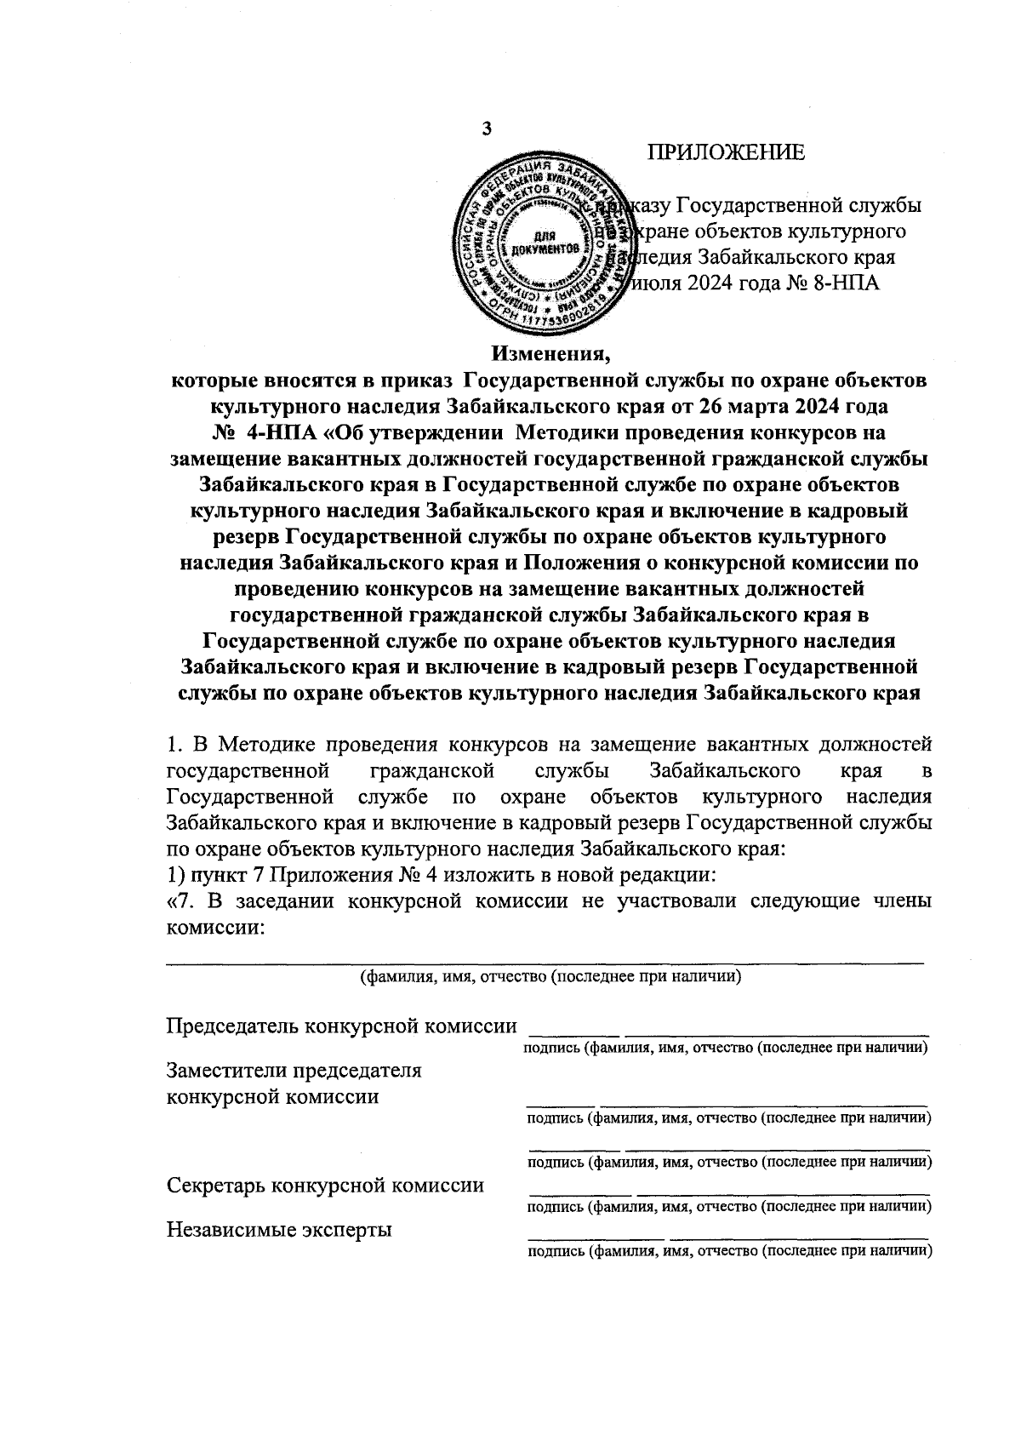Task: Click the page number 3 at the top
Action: click(487, 129)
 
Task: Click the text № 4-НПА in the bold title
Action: click(267, 431)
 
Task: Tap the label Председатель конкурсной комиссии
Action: click(341, 1026)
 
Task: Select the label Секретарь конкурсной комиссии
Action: click(326, 1185)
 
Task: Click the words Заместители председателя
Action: click(294, 1070)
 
